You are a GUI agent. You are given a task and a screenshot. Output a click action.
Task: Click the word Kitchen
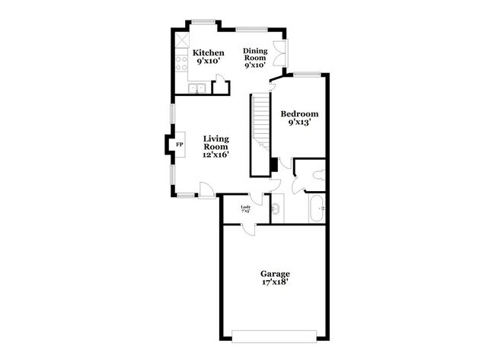[208, 53]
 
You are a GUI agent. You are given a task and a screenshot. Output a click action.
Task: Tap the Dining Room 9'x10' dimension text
[254, 65]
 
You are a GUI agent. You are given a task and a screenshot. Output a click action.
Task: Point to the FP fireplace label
[180, 145]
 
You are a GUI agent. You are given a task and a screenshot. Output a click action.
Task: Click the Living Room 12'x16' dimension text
[216, 155]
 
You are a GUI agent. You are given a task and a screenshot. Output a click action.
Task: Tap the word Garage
[275, 273]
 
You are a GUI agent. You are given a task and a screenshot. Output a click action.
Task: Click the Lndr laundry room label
[246, 206]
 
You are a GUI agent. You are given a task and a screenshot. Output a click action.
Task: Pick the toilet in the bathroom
[320, 174]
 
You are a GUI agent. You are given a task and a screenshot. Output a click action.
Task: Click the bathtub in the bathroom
[317, 208]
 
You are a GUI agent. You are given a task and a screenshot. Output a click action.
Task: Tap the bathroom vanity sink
[276, 207]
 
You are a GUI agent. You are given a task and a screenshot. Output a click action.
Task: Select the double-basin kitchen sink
[199, 89]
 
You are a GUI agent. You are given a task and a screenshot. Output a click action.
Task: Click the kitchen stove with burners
[181, 63]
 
